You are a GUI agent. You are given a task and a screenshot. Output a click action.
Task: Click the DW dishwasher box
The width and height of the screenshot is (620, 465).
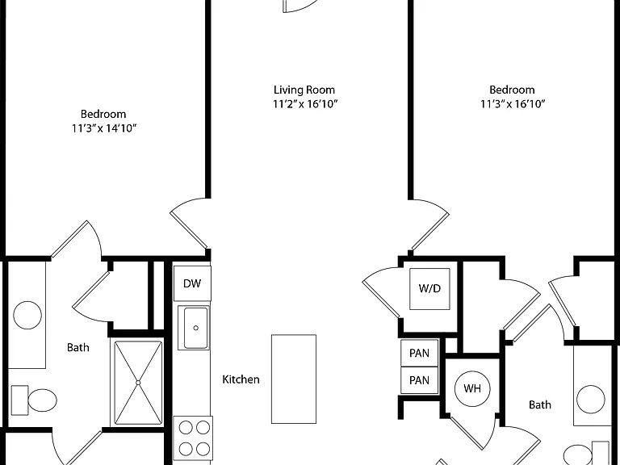pyautogui.click(x=192, y=283)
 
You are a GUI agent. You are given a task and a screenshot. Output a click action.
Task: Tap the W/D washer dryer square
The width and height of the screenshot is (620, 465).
pyautogui.click(x=429, y=289)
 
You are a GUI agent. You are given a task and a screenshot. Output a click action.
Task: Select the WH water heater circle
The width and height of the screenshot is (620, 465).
pyautogui.click(x=472, y=388)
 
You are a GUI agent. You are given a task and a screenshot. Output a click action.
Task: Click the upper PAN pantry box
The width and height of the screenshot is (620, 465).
pyautogui.click(x=420, y=353)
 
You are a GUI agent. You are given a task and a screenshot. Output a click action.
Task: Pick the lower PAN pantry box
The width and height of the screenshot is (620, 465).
pyautogui.click(x=420, y=380)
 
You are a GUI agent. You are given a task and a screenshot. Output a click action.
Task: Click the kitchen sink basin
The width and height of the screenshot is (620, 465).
pyautogui.click(x=195, y=328)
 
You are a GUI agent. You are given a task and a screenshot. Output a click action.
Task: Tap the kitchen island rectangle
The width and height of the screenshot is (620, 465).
pyautogui.click(x=294, y=379)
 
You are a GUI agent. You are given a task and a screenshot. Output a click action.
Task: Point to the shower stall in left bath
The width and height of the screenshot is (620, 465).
pyautogui.click(x=138, y=383)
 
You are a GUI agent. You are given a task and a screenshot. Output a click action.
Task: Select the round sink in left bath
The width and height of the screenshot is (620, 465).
pyautogui.click(x=27, y=315)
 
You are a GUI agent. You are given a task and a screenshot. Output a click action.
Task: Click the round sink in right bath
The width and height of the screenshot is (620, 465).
pyautogui.click(x=590, y=400)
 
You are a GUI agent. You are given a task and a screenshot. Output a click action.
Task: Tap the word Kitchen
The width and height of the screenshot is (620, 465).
pyautogui.click(x=241, y=379)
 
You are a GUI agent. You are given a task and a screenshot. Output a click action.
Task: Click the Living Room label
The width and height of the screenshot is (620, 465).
pyautogui.click(x=304, y=90)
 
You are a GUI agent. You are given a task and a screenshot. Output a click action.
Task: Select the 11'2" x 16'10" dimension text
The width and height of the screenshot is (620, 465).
pyautogui.click(x=305, y=104)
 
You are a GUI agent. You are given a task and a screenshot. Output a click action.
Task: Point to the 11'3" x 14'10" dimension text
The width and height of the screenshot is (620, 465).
pyautogui.click(x=104, y=128)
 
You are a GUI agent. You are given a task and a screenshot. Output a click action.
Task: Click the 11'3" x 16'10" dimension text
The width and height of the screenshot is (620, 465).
pyautogui.click(x=513, y=104)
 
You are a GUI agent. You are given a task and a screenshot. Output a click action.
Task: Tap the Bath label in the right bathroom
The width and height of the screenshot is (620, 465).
pyautogui.click(x=540, y=405)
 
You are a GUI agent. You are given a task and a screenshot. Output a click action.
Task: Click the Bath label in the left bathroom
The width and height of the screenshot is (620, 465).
pyautogui.click(x=77, y=348)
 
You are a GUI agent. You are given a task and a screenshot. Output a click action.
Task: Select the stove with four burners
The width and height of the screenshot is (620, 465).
pyautogui.click(x=194, y=439)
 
